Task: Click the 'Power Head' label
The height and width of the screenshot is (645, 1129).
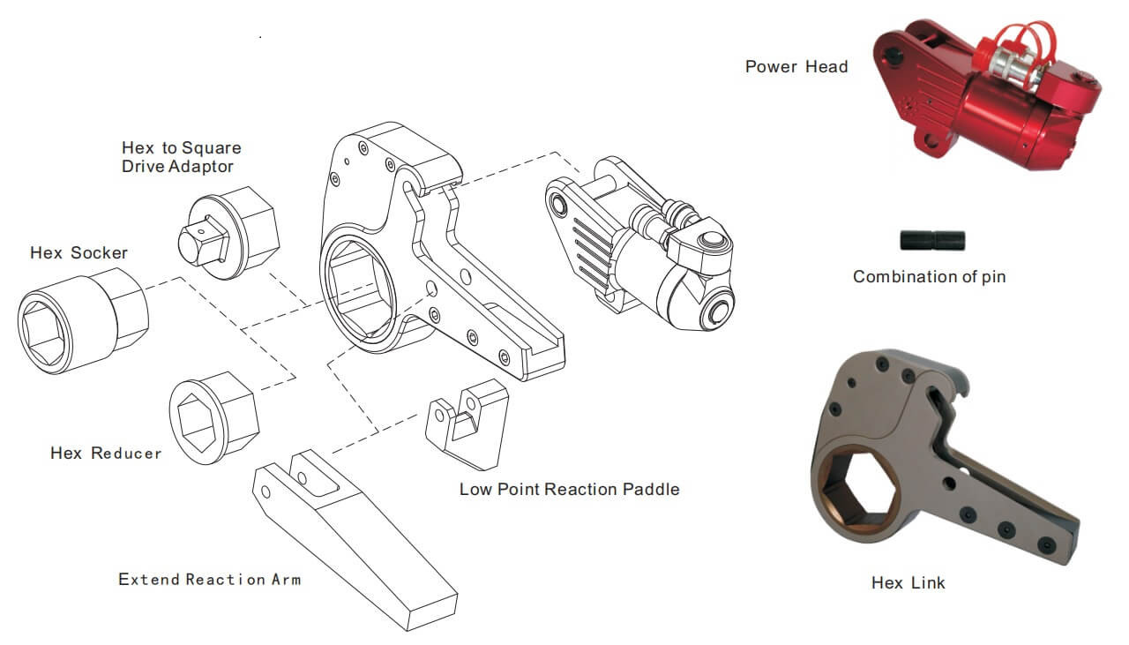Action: click(796, 67)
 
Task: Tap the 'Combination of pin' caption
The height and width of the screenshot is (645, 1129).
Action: click(929, 277)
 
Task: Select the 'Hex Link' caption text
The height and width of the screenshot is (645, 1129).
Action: click(908, 583)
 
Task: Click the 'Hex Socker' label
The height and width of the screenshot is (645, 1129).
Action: click(79, 253)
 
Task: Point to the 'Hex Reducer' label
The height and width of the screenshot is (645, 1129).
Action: click(106, 454)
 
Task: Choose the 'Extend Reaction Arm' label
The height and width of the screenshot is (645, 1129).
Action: click(209, 580)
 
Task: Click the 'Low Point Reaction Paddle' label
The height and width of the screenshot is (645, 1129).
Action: click(569, 489)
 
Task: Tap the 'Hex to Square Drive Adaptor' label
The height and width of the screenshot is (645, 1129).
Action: click(181, 157)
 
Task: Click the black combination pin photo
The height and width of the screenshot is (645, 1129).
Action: click(932, 240)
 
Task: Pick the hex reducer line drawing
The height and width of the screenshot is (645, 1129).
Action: click(213, 416)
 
